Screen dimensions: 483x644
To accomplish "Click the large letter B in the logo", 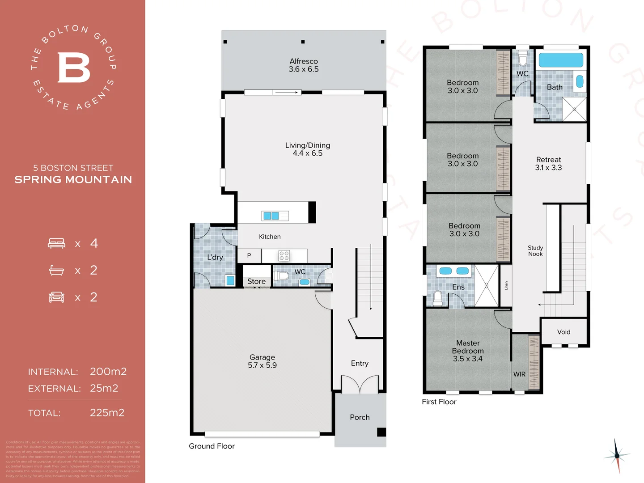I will (x=74, y=68).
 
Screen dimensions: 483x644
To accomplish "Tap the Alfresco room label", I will (x=304, y=65).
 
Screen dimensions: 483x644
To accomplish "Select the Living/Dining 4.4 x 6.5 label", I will (x=308, y=149).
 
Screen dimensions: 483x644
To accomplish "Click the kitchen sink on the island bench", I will (x=275, y=216).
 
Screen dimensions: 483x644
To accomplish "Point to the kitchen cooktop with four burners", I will (x=284, y=256).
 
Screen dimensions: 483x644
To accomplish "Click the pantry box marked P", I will (x=249, y=255).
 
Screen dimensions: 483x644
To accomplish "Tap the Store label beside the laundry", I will (x=256, y=281).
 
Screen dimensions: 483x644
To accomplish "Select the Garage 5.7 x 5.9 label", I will (x=262, y=361).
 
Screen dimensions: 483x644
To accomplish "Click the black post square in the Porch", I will (x=381, y=432).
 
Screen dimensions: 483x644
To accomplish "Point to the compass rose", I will (x=617, y=456).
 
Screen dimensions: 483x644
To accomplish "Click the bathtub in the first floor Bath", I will (x=561, y=60).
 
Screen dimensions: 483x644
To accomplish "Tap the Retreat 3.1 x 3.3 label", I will (x=548, y=164).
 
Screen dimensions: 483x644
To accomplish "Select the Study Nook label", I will (x=535, y=251).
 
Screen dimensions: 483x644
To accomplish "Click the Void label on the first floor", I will (x=563, y=332).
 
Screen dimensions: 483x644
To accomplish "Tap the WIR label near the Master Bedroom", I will (x=519, y=374).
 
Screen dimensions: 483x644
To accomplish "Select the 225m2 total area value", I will (x=107, y=412).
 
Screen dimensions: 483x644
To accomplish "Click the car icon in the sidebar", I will (x=56, y=297).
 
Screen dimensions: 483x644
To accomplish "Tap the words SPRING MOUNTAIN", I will (x=73, y=180).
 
